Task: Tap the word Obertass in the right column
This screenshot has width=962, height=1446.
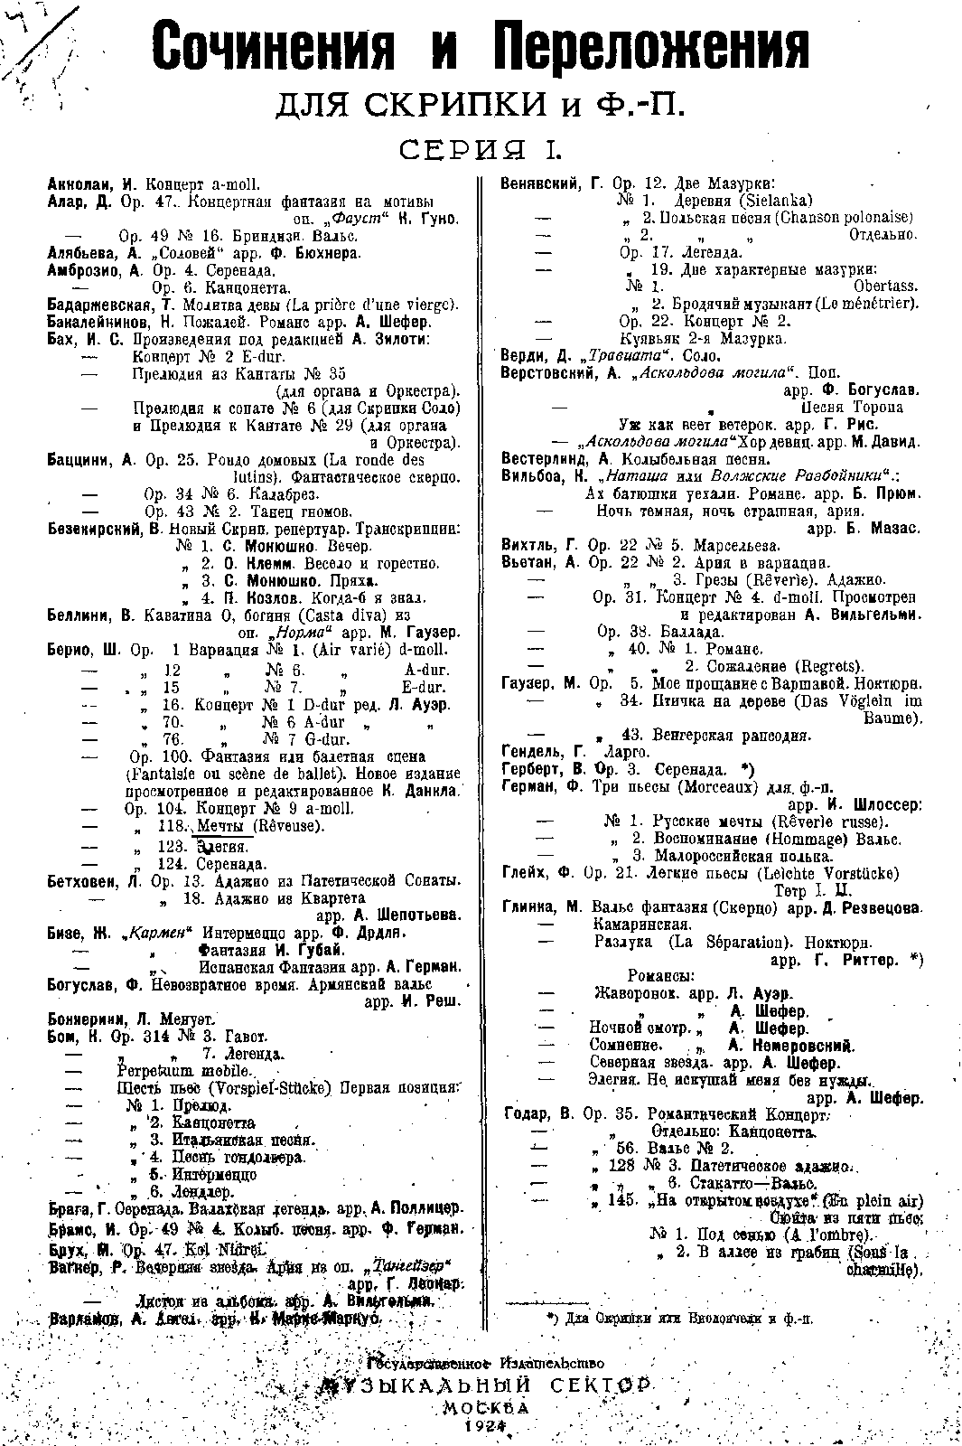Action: (885, 286)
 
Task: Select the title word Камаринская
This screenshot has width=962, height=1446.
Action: (642, 925)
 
